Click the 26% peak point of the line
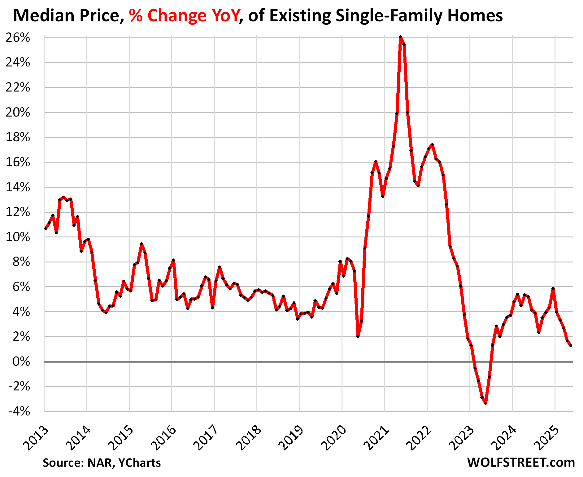400,37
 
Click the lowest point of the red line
485,403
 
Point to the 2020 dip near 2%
358,336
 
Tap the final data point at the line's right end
571,346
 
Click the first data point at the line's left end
46,229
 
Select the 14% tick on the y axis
18,187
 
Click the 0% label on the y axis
21,362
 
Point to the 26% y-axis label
18,38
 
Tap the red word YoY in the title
224,15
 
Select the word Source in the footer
63,463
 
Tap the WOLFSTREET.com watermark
521,462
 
